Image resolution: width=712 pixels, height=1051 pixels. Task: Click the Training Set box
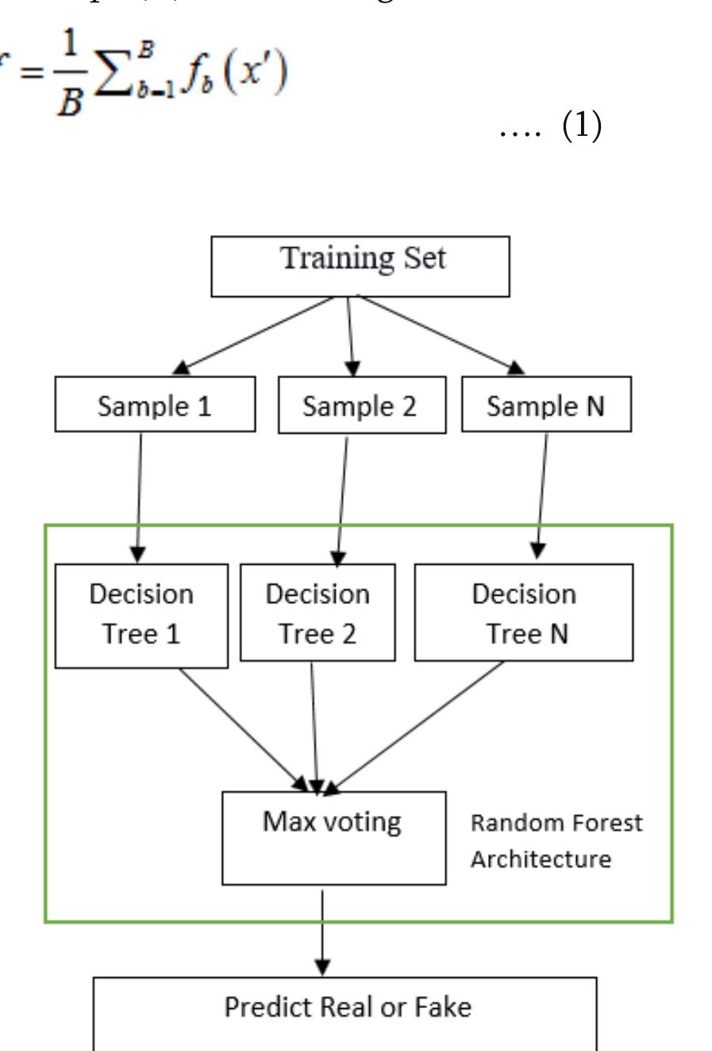[x=360, y=266]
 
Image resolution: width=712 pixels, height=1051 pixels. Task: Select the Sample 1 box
[x=155, y=405]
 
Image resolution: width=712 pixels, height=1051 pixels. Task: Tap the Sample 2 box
[x=362, y=406]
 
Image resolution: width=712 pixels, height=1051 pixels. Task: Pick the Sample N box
[x=546, y=405]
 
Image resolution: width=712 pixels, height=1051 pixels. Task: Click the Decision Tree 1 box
[x=141, y=616]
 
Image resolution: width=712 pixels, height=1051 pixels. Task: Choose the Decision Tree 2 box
[x=318, y=612]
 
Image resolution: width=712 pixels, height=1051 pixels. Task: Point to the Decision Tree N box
[x=524, y=612]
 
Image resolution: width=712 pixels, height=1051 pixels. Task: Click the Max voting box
[x=333, y=837]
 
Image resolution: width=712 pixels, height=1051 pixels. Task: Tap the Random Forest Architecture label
[x=556, y=840]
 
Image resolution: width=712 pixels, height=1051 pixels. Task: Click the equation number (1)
[x=582, y=126]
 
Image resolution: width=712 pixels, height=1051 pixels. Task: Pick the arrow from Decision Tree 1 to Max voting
[x=242, y=728]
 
